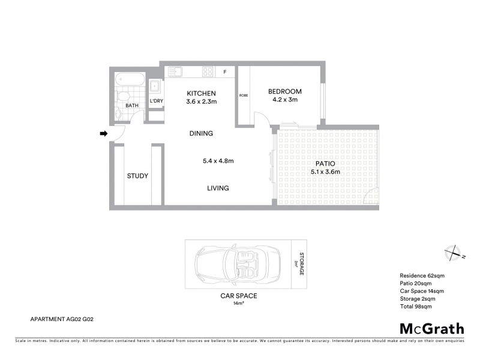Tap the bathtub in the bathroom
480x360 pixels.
pyautogui.click(x=130, y=79)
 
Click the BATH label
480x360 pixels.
pyautogui.click(x=132, y=106)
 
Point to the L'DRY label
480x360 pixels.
pyautogui.click(x=156, y=101)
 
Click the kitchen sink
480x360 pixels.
pyautogui.click(x=176, y=71)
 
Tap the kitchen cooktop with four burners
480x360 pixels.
pyautogui.click(x=208, y=71)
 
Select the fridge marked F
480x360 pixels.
pyautogui.click(x=225, y=72)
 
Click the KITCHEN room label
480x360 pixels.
pyautogui.click(x=201, y=94)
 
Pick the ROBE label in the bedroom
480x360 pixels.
pyautogui.click(x=244, y=95)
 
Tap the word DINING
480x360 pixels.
pyautogui.click(x=201, y=133)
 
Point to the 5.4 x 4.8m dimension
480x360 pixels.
pyautogui.click(x=218, y=160)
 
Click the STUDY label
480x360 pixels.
pyautogui.click(x=137, y=176)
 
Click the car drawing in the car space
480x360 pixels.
pyautogui.click(x=237, y=263)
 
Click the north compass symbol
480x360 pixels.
pyautogui.click(x=454, y=253)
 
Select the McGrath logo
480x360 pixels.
pyautogui.click(x=432, y=328)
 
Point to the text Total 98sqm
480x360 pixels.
pyautogui.click(x=415, y=307)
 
